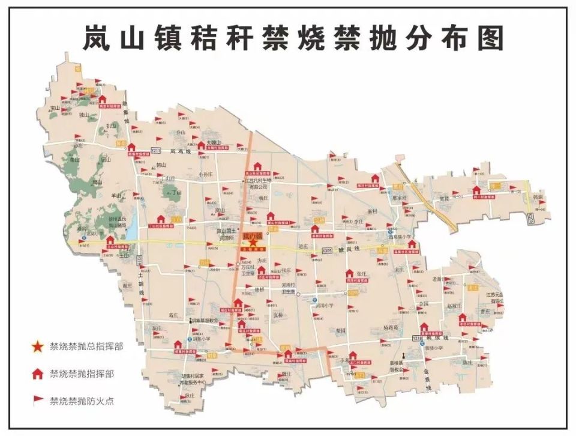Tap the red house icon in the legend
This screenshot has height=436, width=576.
click(38, 374)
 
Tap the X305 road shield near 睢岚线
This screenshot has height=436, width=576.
click(326, 249)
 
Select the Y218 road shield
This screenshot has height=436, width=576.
click(418, 340)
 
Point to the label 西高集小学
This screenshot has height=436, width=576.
click(398, 236)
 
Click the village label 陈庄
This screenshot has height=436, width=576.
click(468, 363)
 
